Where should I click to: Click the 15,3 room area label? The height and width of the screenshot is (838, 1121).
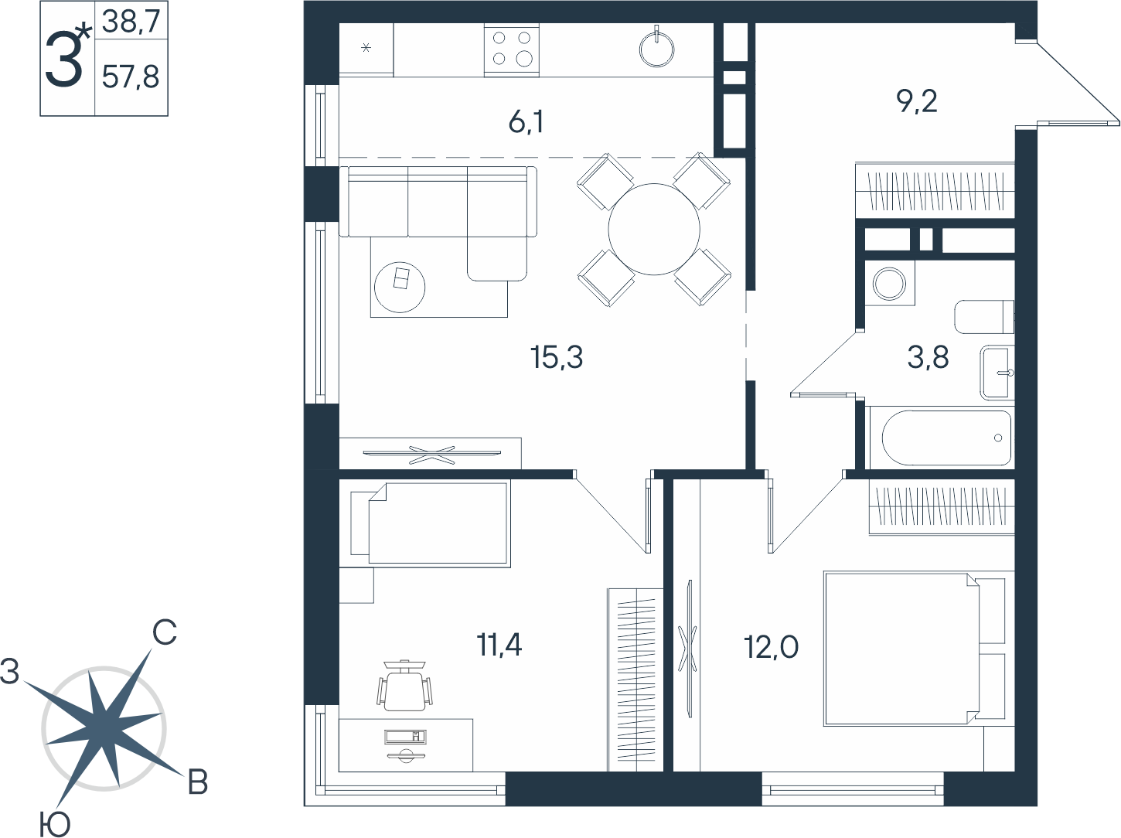(557, 356)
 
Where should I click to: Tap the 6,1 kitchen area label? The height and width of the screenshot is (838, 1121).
(526, 123)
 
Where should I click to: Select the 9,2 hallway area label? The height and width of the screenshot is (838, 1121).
(917, 101)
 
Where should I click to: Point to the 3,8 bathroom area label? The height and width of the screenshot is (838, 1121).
(928, 357)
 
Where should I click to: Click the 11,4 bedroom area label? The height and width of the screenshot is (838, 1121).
(499, 645)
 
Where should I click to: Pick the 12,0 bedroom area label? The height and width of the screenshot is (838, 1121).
(771, 647)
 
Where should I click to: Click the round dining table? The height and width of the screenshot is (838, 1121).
(654, 230)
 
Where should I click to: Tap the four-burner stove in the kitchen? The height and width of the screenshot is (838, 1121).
(512, 50)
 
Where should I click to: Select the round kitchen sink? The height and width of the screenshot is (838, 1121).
(657, 49)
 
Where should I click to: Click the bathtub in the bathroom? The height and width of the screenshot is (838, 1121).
(946, 438)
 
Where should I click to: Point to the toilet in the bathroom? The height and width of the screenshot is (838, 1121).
(984, 317)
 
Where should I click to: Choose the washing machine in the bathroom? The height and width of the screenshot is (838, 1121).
(890, 283)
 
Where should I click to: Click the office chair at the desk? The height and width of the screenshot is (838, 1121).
(405, 685)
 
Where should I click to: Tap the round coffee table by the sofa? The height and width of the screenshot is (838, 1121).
(400, 287)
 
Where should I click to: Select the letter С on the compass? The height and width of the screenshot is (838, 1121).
(165, 632)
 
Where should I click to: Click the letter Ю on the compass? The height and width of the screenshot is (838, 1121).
(55, 823)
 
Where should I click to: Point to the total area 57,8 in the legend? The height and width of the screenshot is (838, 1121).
(131, 77)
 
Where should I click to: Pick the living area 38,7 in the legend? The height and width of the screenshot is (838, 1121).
(131, 22)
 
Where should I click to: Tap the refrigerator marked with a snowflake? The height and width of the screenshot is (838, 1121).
(366, 49)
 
